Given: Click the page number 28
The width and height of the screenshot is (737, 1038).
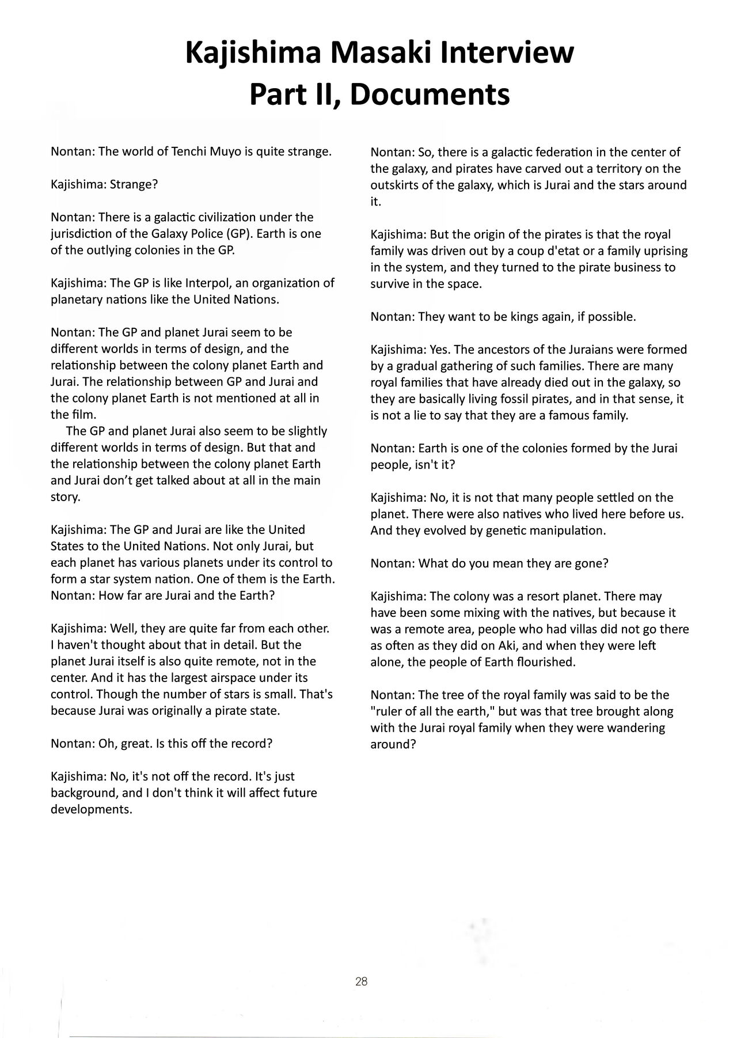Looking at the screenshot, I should (362, 982).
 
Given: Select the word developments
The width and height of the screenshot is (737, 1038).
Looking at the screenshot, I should (92, 809).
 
